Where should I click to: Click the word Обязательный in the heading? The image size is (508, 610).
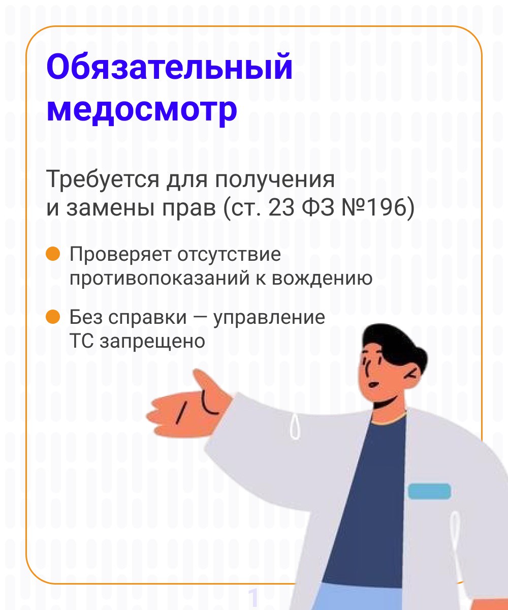click(169, 66)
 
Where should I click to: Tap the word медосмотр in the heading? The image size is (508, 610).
click(142, 111)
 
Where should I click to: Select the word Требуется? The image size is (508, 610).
click(103, 179)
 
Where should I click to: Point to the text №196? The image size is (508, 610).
click(374, 208)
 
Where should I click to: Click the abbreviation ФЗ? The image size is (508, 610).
click(318, 208)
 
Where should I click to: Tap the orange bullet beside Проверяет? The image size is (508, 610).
click(53, 254)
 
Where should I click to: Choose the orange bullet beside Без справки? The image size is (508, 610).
click(53, 317)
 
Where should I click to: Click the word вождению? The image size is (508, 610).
click(322, 278)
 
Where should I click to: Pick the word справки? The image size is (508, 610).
click(147, 318)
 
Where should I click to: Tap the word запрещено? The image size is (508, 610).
click(152, 341)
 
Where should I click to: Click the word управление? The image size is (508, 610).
click(269, 318)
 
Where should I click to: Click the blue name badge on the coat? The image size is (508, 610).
click(429, 491)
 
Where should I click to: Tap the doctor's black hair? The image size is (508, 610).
click(394, 345)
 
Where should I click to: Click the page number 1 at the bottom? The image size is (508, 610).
click(253, 597)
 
